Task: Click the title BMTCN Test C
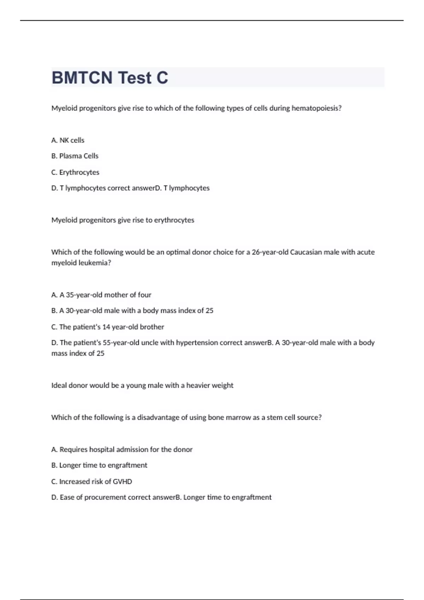[x=110, y=78]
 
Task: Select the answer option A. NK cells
[x=68, y=140]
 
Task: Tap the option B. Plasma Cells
[x=75, y=156]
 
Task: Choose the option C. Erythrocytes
[x=75, y=172]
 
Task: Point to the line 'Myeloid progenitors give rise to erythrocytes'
[x=123, y=220]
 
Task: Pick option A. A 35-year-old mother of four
[x=101, y=295]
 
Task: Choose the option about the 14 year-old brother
[x=108, y=327]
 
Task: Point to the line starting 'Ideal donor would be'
[x=142, y=385]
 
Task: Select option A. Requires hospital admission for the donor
[x=122, y=449]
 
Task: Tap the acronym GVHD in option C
[x=122, y=481]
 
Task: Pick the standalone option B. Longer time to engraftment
[x=99, y=465]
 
